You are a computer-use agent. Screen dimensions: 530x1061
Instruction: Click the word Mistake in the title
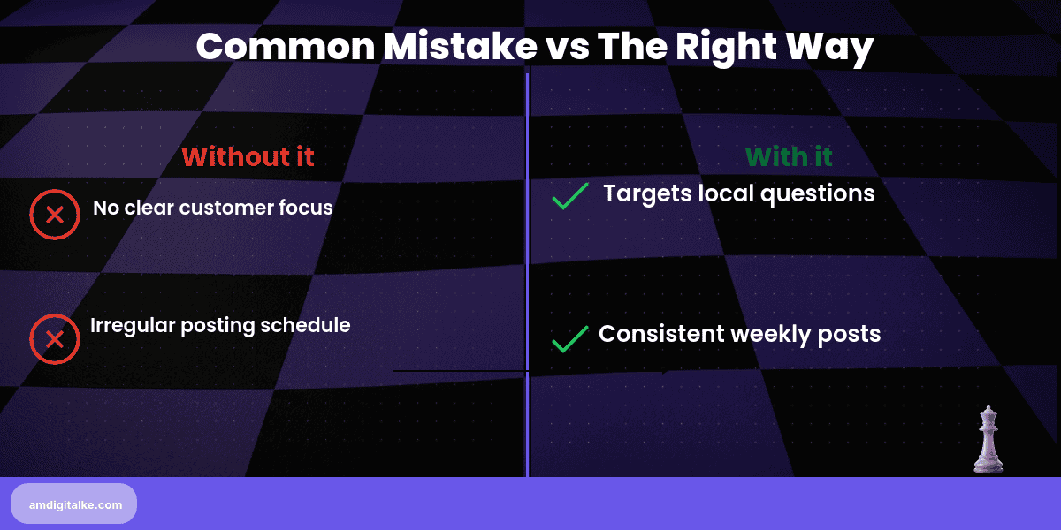point(451,46)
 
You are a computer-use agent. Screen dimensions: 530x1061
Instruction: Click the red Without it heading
point(248,156)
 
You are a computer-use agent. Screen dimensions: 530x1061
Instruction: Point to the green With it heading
point(789,156)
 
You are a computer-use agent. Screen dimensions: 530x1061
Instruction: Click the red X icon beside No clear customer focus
point(55,215)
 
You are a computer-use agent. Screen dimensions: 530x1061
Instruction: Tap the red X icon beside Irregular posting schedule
point(55,339)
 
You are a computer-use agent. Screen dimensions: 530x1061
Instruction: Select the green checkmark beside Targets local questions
point(570,196)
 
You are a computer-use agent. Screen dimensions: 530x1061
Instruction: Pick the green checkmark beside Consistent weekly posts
point(570,338)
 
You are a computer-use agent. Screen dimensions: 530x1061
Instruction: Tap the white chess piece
point(988,439)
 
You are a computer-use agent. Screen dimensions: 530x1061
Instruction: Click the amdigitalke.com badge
point(74,504)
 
